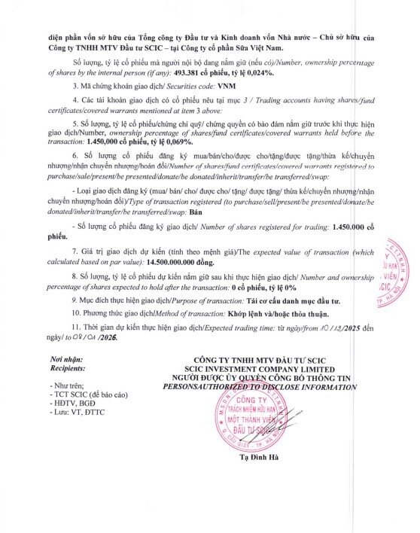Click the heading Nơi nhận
point(65,361)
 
